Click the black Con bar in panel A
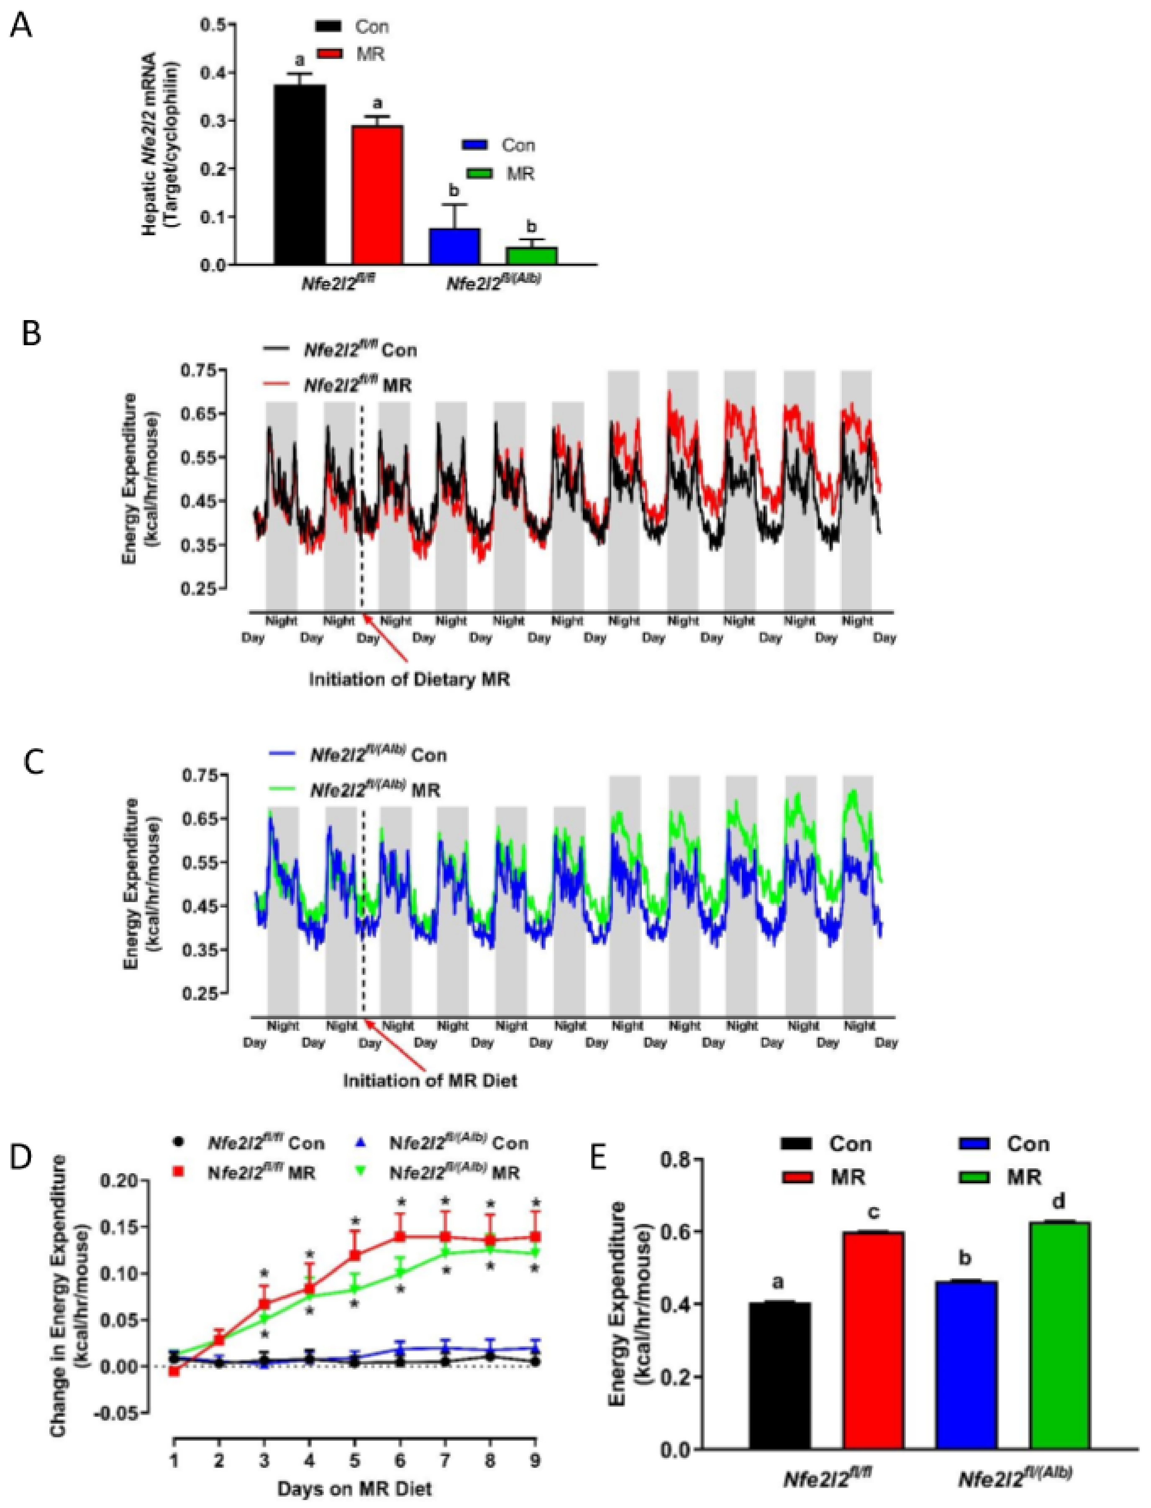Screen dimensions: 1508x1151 (x=300, y=175)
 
